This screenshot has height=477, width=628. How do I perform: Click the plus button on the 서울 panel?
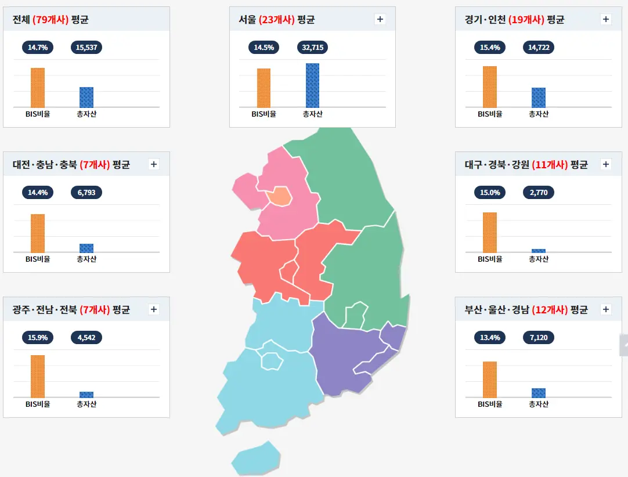click(x=380, y=19)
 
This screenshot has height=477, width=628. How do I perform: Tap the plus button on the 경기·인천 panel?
click(x=606, y=19)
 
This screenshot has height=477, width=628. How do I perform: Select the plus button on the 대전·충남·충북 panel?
click(x=154, y=164)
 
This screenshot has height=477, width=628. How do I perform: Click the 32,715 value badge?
click(x=312, y=47)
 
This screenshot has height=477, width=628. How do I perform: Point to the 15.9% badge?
click(x=38, y=337)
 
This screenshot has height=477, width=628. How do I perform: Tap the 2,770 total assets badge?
click(x=539, y=192)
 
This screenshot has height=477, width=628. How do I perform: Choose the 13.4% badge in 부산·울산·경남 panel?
click(x=490, y=337)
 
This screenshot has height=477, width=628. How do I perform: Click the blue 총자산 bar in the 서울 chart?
click(x=312, y=85)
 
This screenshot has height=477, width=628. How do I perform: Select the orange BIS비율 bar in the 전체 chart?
click(x=38, y=87)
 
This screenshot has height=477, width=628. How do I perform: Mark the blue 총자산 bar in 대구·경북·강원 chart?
click(x=539, y=251)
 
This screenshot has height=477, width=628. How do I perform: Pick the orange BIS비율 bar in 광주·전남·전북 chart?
click(x=38, y=375)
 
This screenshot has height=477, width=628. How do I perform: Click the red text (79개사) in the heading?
click(x=51, y=20)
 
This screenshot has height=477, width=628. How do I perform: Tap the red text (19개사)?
click(x=526, y=20)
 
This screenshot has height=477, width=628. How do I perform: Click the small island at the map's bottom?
click(x=255, y=458)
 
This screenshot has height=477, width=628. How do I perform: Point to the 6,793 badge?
click(x=86, y=192)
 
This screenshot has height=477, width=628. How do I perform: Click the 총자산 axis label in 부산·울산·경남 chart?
click(x=539, y=404)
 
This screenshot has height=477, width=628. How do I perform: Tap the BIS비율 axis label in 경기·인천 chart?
click(x=490, y=114)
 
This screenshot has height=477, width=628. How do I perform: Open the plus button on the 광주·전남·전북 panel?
click(x=154, y=309)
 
